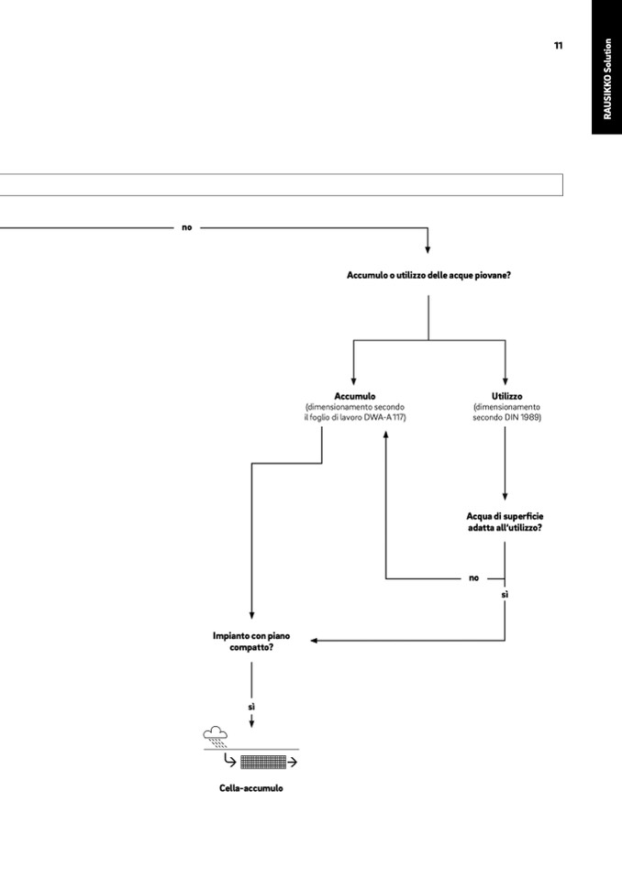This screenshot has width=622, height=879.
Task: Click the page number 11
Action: (558, 46)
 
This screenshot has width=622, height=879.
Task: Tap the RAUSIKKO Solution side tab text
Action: (607, 79)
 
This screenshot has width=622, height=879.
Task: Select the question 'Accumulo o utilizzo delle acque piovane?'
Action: (428, 275)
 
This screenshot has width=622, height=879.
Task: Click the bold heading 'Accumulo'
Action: (354, 396)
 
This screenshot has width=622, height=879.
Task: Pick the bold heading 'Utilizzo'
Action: (506, 396)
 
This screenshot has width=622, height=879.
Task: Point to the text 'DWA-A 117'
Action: (383, 417)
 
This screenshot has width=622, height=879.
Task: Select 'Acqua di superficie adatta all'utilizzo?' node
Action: (505, 522)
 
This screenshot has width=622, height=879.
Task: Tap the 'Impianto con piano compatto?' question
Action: (251, 640)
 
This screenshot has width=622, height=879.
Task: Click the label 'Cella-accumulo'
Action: (251, 788)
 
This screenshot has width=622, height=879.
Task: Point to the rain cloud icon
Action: (216, 734)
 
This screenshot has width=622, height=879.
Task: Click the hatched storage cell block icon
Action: (262, 762)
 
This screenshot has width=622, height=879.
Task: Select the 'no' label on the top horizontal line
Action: (187, 227)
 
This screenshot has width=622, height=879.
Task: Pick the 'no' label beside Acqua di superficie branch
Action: (473, 578)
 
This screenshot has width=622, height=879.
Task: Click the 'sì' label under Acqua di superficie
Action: (505, 595)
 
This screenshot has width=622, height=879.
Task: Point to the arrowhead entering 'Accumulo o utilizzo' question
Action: (428, 248)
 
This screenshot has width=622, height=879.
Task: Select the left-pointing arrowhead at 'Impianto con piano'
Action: (314, 641)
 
